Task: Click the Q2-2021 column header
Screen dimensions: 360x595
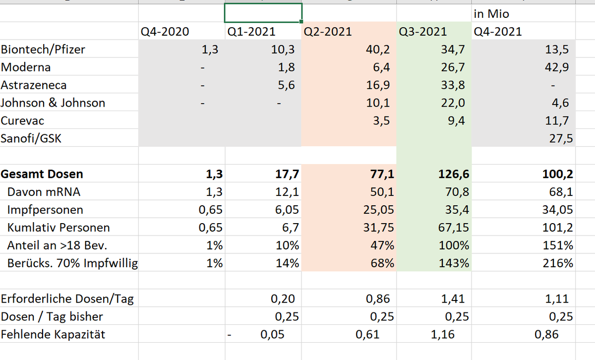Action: click(x=327, y=32)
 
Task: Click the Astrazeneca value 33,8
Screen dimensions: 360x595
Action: click(x=453, y=85)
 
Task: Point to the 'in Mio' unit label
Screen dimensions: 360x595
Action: click(x=491, y=14)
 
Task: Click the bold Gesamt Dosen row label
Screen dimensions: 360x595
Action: click(x=42, y=174)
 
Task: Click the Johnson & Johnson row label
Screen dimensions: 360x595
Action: click(x=53, y=103)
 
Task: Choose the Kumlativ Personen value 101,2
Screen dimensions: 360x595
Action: click(x=558, y=228)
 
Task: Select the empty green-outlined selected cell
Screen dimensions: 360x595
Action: click(x=263, y=13)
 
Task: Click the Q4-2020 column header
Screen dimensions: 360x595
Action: click(x=165, y=32)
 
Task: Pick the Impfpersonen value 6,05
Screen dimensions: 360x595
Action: click(x=285, y=210)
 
